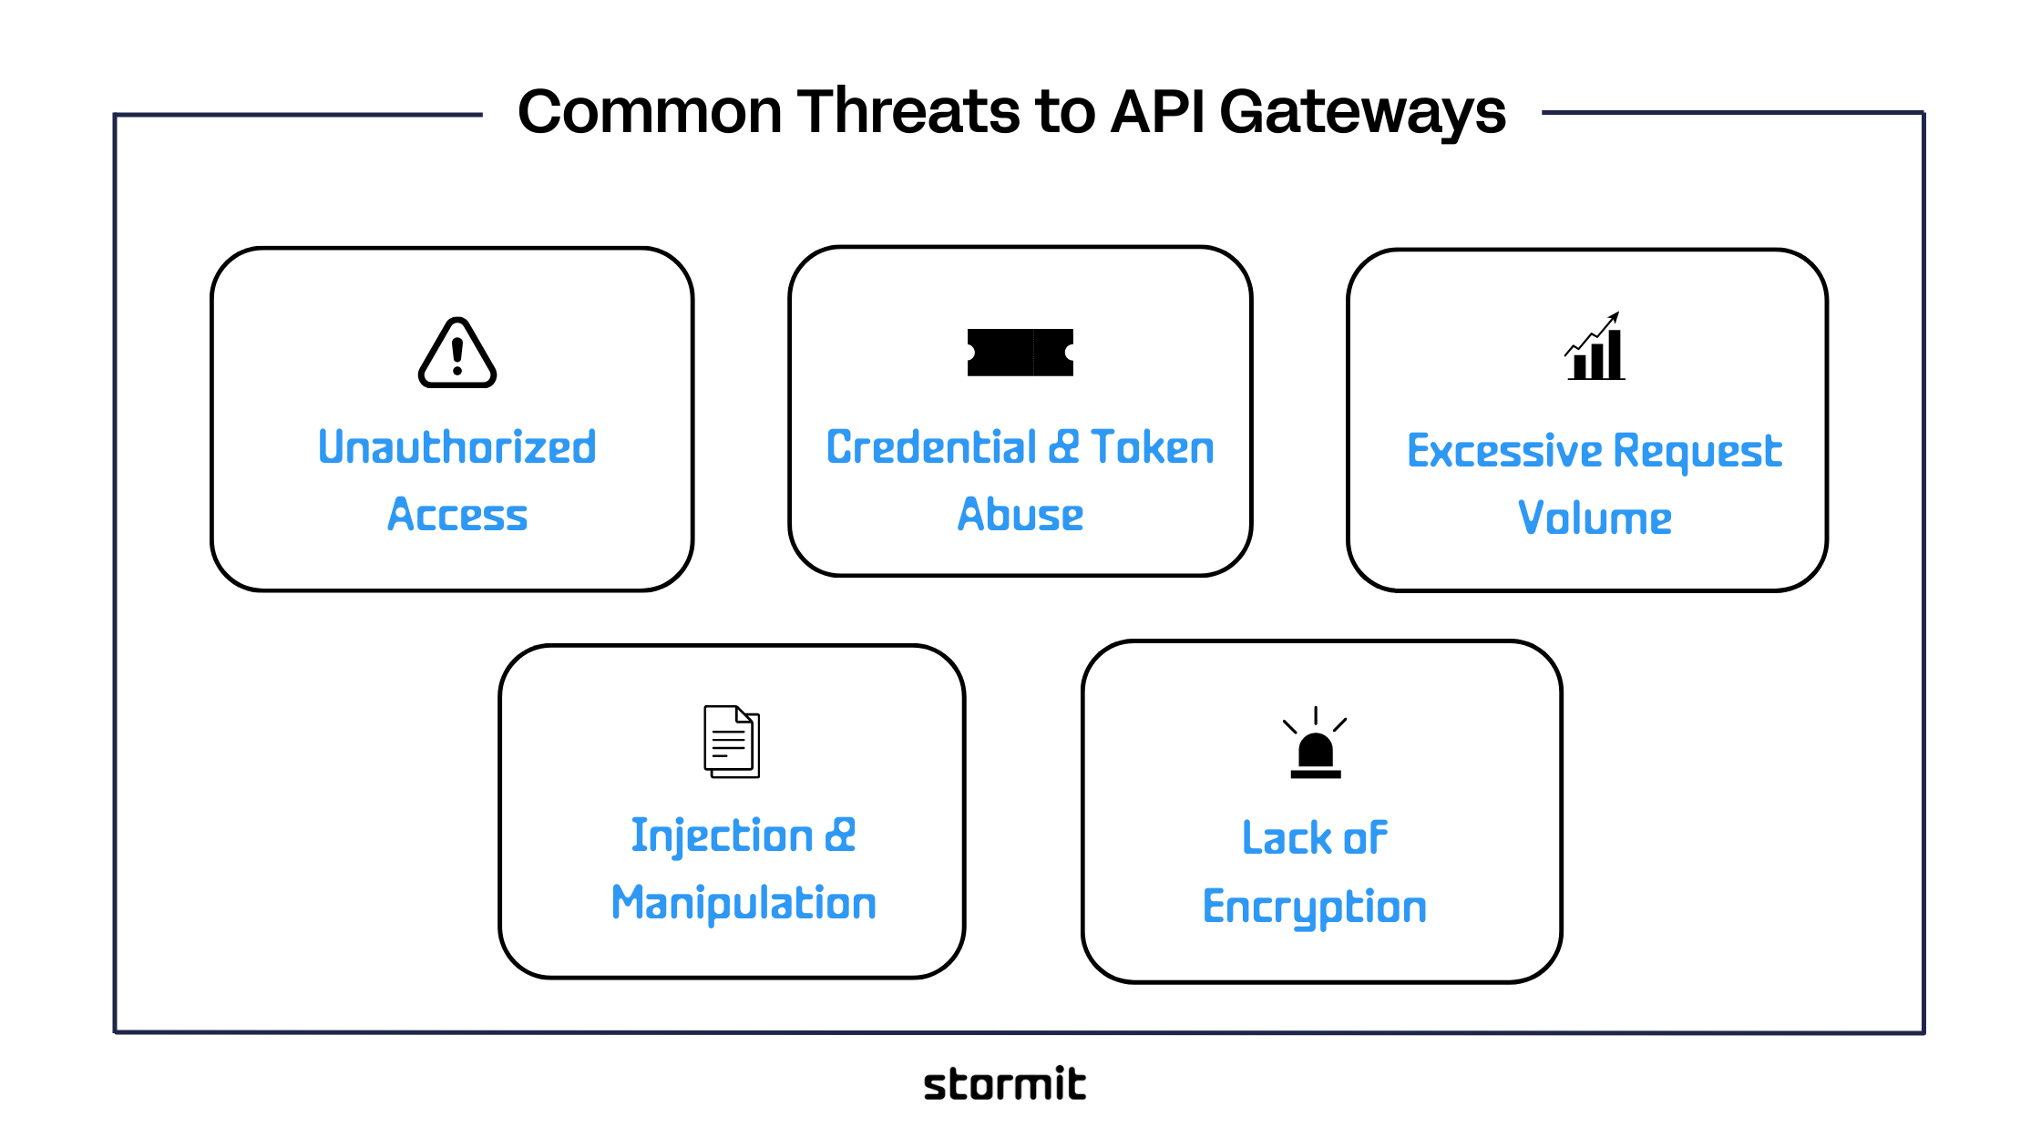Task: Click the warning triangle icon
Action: [457, 354]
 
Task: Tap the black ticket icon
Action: [1020, 353]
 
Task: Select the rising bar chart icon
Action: [1595, 347]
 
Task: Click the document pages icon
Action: [732, 742]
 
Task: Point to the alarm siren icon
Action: [1315, 744]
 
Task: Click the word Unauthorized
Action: [457, 448]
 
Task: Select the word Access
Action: [457, 516]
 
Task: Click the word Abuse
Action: [1020, 516]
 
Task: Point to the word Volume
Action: [1595, 519]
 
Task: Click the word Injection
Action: [722, 836]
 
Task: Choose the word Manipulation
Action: [744, 904]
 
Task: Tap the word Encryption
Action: [1314, 907]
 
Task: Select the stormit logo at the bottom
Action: [1004, 1084]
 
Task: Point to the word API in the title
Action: [1157, 111]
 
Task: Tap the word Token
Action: [1153, 448]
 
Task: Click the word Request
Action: [1697, 452]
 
